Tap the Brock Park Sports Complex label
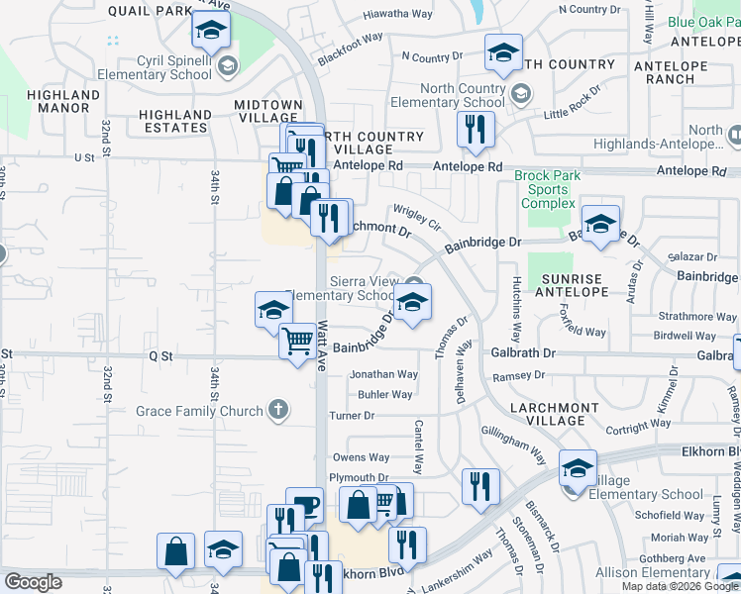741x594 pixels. pos(547,189)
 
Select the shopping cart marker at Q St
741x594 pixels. pos(297,343)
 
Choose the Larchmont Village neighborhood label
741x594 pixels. pos(555,414)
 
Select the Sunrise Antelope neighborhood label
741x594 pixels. pos(572,284)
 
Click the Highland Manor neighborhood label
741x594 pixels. pos(63,101)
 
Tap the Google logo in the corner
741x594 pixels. pos(33,582)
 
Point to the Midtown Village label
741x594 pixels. pos(268,111)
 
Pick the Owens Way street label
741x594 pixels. pos(361,457)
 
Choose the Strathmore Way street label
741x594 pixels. pos(699,317)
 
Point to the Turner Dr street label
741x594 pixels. pos(353,416)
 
